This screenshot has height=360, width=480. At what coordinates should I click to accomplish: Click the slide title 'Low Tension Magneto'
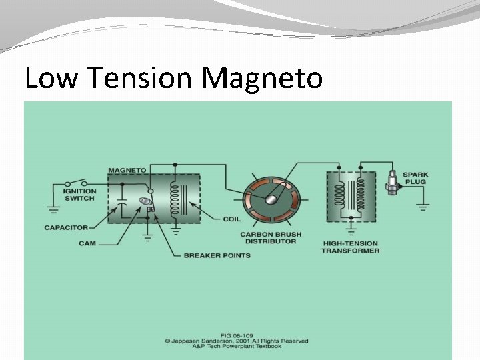[173, 79]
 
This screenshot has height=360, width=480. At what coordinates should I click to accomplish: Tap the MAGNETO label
[127, 171]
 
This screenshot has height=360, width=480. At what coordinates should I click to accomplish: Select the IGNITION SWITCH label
[80, 195]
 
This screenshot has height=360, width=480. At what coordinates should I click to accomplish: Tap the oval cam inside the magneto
[143, 201]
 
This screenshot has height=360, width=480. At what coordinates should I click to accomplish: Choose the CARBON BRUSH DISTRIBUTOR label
[269, 238]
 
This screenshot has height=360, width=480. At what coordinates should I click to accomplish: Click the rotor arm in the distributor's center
[273, 195]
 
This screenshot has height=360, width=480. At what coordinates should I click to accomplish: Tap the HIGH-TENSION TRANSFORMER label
[350, 247]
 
